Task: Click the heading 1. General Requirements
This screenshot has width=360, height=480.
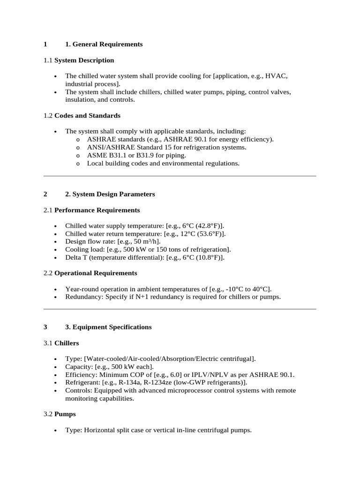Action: (x=104, y=44)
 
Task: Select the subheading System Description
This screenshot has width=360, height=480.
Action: (x=84, y=60)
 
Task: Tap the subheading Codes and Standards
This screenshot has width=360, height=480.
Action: (x=87, y=115)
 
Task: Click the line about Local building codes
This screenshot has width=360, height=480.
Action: (x=163, y=163)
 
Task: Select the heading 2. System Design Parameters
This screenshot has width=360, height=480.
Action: (x=110, y=194)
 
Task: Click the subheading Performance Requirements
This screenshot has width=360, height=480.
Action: (x=97, y=210)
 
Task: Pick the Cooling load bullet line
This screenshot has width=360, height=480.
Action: (x=148, y=249)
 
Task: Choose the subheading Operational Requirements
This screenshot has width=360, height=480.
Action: (x=96, y=273)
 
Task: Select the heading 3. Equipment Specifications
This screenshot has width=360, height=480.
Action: (x=108, y=327)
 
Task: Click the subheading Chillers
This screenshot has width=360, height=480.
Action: (x=67, y=343)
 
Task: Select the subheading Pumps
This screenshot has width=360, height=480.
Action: (x=65, y=414)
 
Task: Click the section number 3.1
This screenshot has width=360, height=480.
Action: (x=48, y=343)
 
